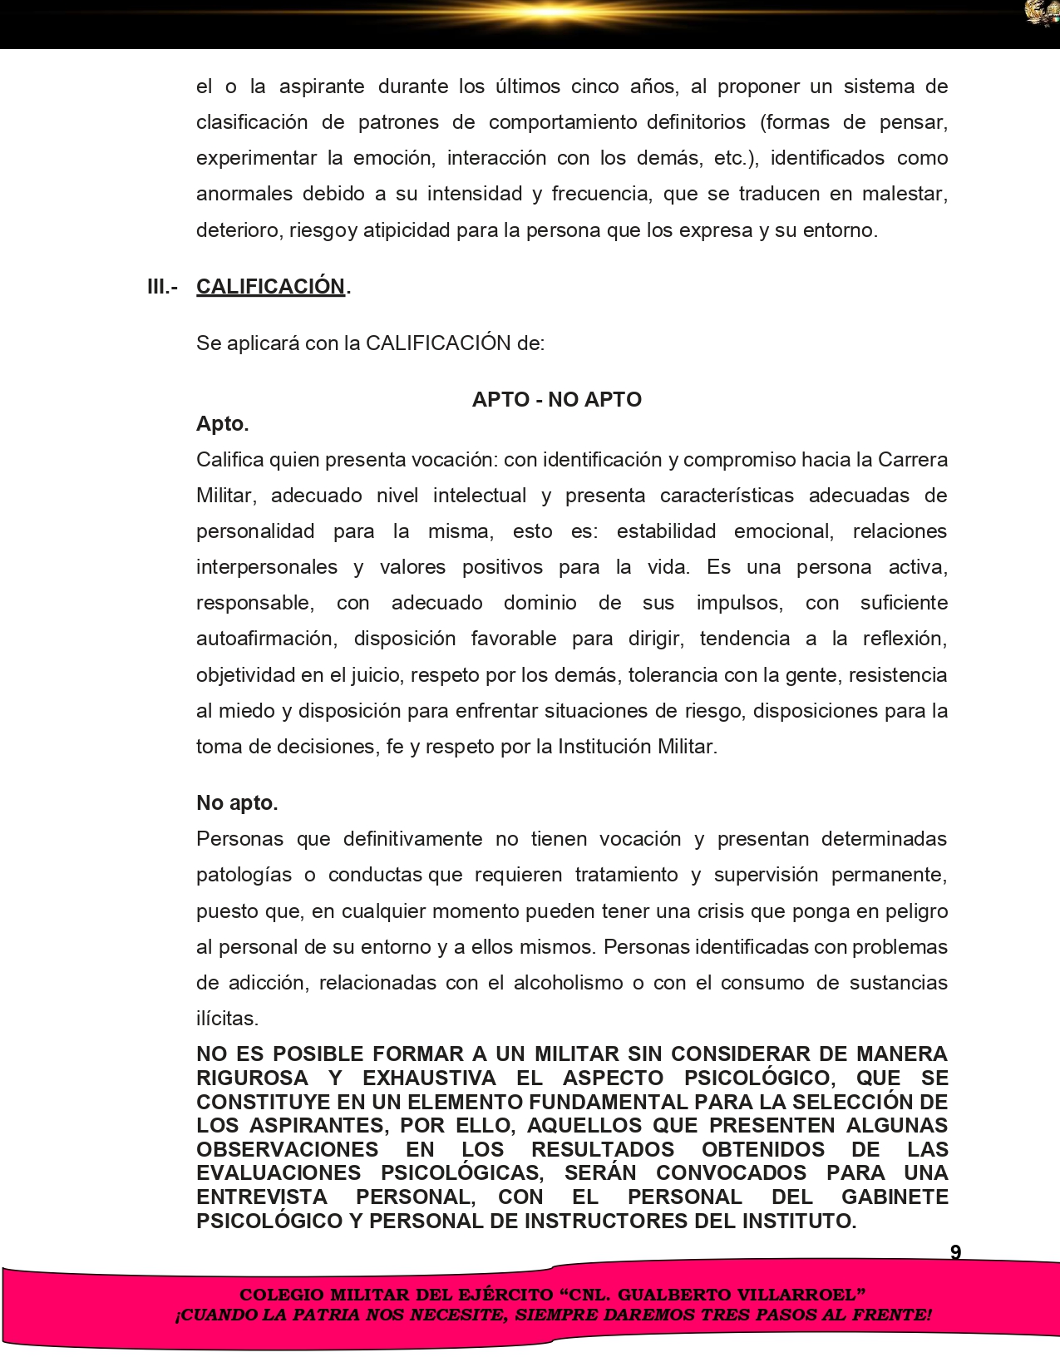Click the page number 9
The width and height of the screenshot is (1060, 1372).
[955, 1252]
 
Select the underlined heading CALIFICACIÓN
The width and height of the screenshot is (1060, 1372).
[270, 286]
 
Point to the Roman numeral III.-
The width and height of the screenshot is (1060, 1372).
[162, 286]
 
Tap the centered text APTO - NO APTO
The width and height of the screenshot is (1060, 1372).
[556, 399]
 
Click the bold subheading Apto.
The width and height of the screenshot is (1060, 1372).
[222, 424]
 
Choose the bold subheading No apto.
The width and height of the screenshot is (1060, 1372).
[237, 802]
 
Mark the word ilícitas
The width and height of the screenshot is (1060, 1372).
[227, 1018]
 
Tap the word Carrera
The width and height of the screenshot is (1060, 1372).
[912, 460]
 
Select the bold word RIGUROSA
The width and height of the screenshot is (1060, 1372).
[252, 1078]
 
